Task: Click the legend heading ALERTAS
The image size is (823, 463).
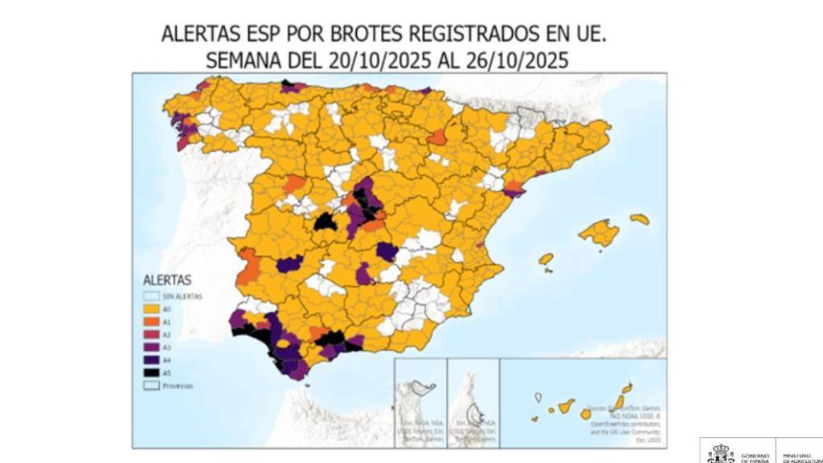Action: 166,281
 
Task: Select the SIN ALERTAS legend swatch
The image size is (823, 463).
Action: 149,296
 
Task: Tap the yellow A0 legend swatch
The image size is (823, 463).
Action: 149,309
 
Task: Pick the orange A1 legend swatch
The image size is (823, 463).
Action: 149,322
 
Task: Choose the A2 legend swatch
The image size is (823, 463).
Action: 149,334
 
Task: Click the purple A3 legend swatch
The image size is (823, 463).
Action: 149,347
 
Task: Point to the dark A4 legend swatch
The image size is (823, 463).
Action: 149,360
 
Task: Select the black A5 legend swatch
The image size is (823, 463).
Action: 149,373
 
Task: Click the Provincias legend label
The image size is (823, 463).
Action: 177,386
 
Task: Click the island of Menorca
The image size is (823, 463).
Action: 640,219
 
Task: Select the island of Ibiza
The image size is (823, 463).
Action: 546,259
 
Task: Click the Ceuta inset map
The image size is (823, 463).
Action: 420,402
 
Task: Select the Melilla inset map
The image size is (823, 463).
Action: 473,402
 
